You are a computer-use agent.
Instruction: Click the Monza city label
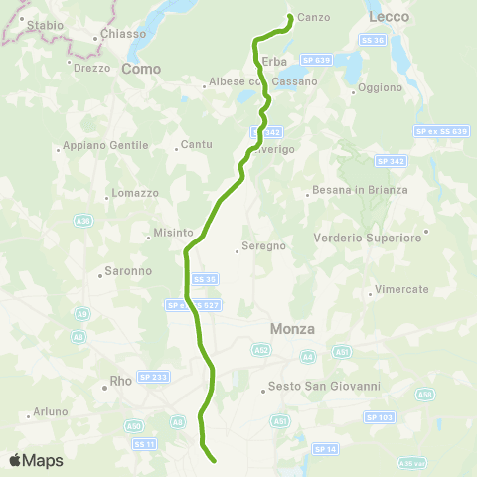(292, 329)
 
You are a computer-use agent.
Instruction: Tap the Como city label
(140, 69)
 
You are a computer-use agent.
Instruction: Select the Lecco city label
(388, 17)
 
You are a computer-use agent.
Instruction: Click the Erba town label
(274, 62)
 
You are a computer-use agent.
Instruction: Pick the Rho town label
(122, 379)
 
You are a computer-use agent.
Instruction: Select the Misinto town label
(173, 233)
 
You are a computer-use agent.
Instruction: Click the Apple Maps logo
(36, 460)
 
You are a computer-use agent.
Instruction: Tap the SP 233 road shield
(154, 377)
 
